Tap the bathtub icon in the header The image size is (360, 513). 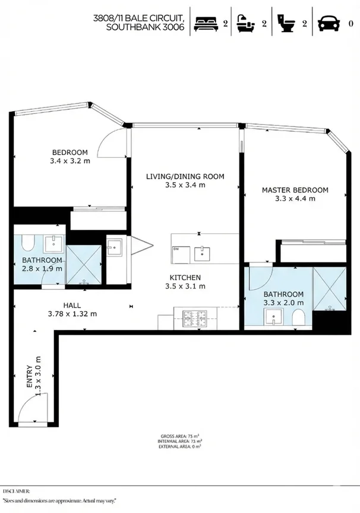point(248,23)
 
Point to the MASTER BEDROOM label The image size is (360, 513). point(295,190)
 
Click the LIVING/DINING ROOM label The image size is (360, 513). point(185,176)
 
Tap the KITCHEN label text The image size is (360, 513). point(185,277)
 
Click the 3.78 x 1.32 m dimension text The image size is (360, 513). point(72,314)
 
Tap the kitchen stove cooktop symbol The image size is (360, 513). point(194,316)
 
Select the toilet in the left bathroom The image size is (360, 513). point(27,243)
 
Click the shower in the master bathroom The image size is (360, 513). point(329,289)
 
